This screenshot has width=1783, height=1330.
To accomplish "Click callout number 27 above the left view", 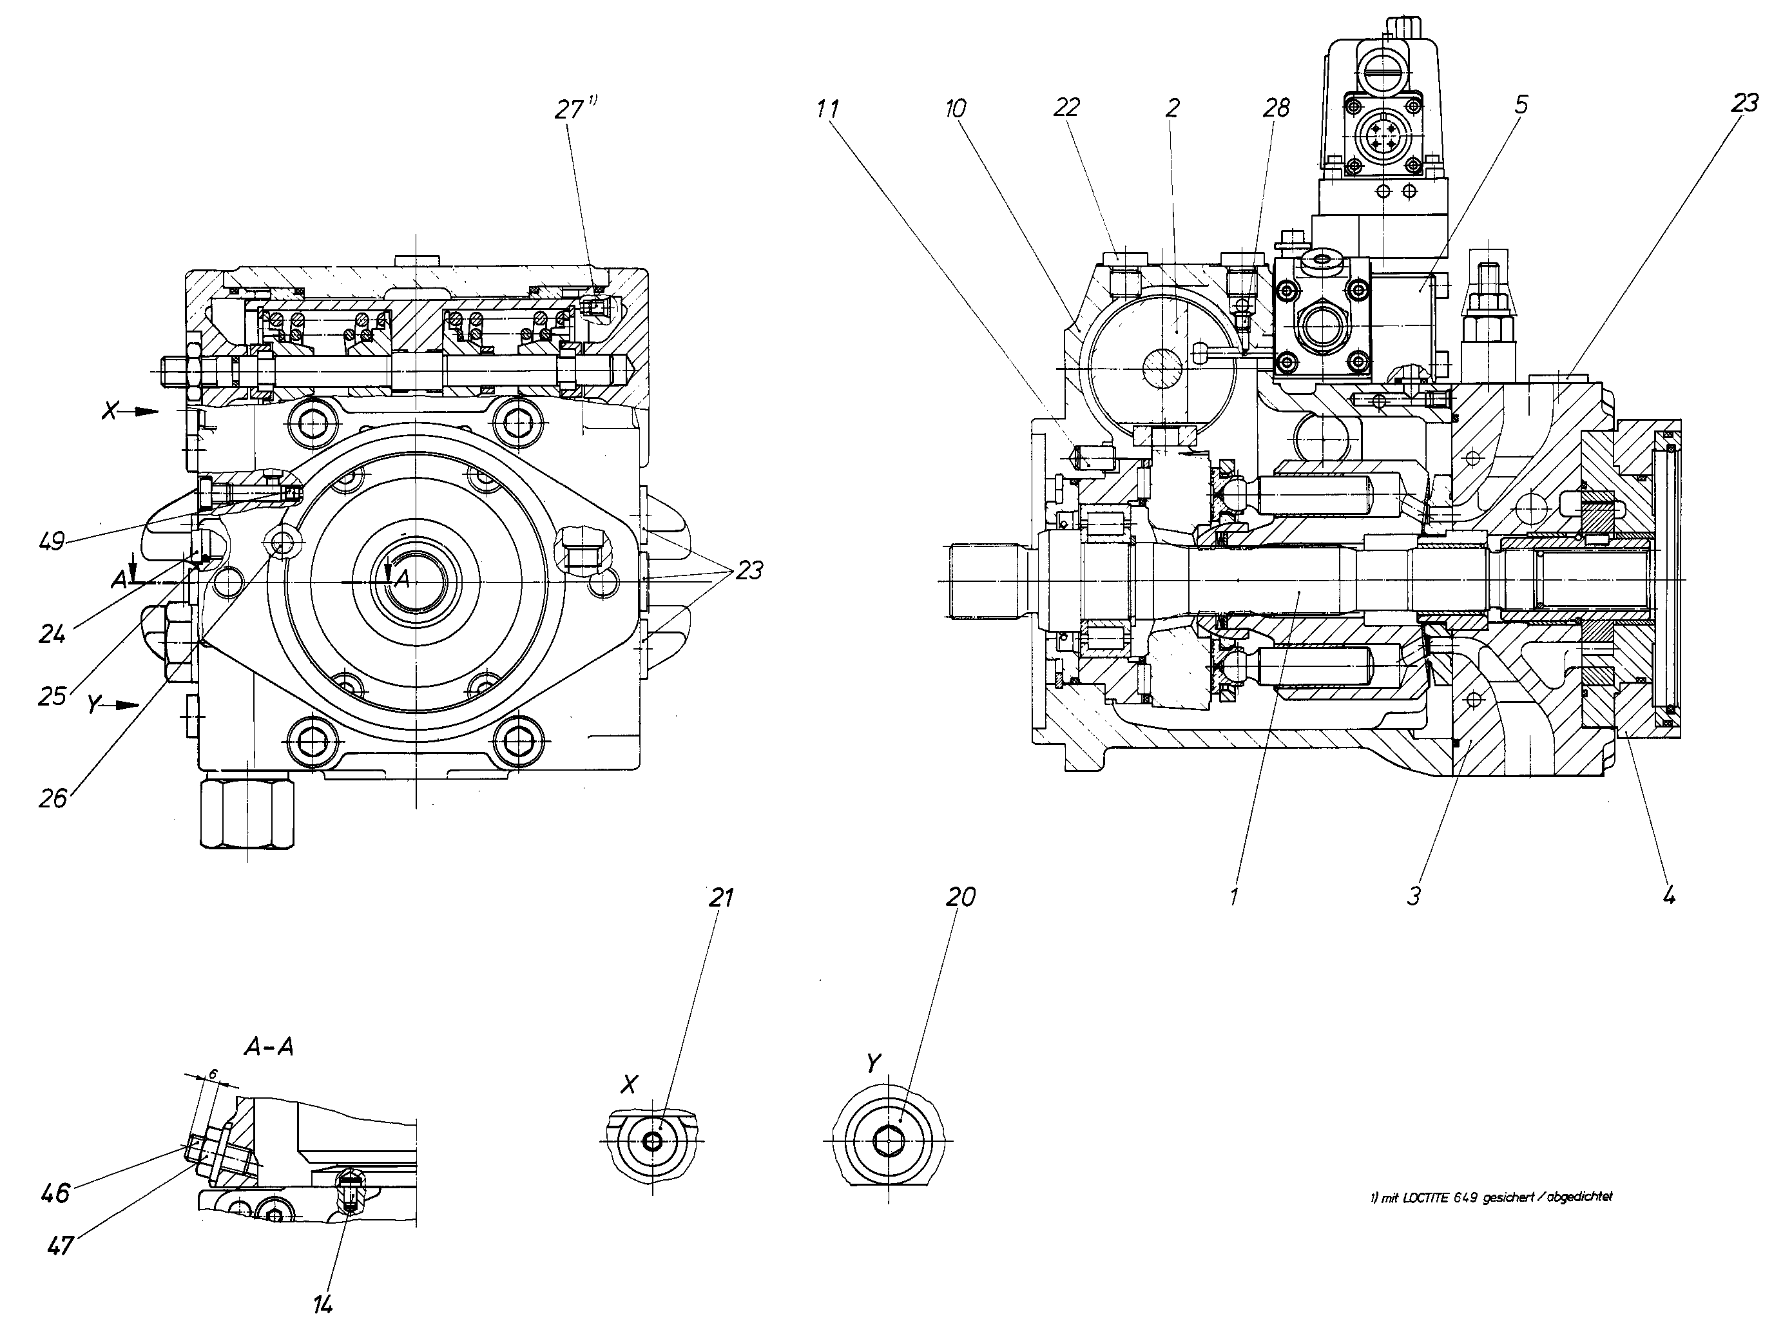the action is pyautogui.click(x=569, y=109).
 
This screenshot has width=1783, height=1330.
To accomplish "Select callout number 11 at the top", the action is pyautogui.click(x=827, y=109).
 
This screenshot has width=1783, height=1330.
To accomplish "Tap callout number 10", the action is pyautogui.click(x=956, y=109).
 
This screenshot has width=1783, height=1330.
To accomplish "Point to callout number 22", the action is pyautogui.click(x=1066, y=107).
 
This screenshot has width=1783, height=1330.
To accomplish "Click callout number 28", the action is pyautogui.click(x=1277, y=107).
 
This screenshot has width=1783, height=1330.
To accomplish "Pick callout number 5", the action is pyautogui.click(x=1521, y=104).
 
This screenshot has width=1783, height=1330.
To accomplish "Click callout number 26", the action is pyautogui.click(x=53, y=798).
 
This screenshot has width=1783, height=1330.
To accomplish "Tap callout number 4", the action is pyautogui.click(x=1669, y=894).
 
